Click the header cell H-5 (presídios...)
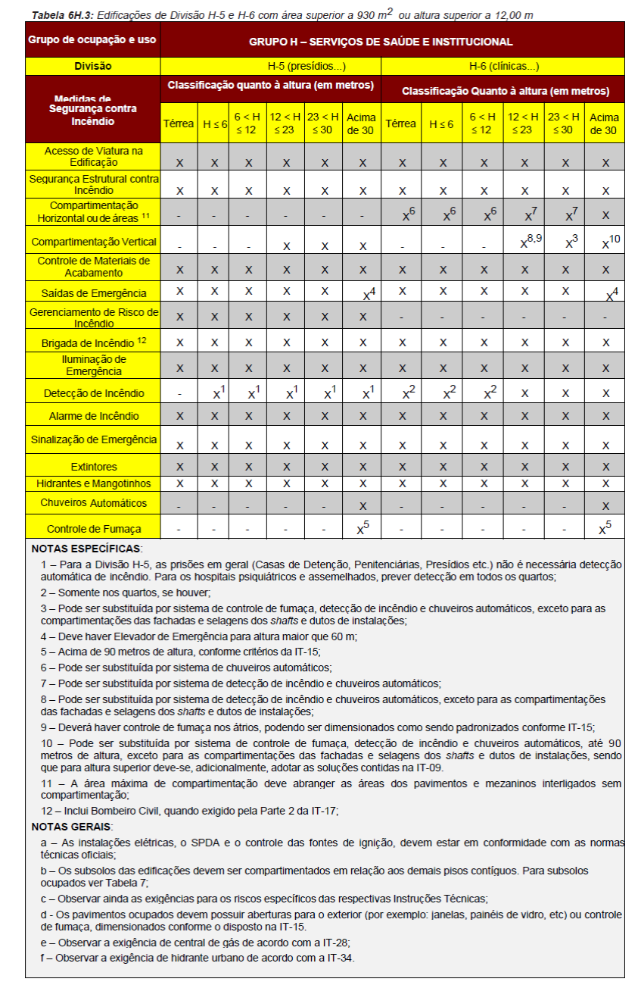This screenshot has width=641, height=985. [x=270, y=66]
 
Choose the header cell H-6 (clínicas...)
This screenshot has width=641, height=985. [x=503, y=66]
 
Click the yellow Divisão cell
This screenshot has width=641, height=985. [x=93, y=66]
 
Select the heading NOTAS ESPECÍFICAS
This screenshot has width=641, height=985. [x=86, y=548]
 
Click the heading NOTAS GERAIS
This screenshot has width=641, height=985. [x=72, y=826]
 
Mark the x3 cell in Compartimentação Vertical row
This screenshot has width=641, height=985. [x=564, y=242]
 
